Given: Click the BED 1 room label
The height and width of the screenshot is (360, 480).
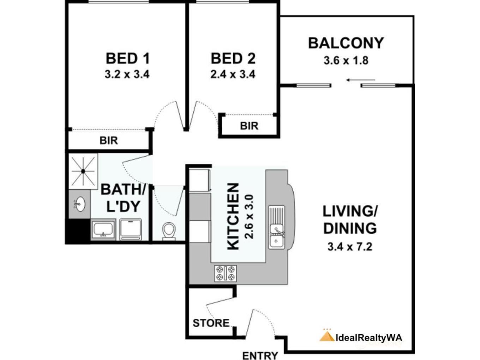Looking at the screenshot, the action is click(128, 58).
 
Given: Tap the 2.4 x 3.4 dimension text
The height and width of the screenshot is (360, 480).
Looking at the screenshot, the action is click(233, 74).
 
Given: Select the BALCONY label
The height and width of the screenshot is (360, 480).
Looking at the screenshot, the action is click(346, 43).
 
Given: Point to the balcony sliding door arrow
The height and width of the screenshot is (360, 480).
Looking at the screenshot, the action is click(361, 80).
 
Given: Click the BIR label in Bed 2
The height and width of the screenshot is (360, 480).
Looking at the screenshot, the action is click(249, 126).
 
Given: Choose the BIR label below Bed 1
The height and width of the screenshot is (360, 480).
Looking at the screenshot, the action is click(109, 140).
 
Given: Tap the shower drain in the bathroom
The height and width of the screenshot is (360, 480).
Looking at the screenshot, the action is click(83, 172).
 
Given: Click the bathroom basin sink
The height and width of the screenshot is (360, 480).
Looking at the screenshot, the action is click(80, 204).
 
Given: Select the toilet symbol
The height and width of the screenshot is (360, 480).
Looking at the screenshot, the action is click(169, 232).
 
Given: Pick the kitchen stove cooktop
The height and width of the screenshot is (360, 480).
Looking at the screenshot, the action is click(225, 273).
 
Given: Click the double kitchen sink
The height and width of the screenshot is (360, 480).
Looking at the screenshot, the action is click(276, 227).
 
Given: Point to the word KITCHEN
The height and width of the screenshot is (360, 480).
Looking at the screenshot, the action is click(233, 216).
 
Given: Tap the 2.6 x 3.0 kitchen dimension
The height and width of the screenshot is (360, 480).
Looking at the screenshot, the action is click(249, 217).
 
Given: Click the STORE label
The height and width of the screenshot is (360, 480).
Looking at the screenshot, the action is click(211, 323).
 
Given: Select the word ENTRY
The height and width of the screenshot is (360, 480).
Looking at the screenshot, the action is click(260, 356).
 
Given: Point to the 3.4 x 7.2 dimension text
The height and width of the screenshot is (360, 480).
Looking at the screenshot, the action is click(350, 247).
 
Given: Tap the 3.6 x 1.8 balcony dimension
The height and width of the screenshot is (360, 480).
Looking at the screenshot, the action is click(346, 61).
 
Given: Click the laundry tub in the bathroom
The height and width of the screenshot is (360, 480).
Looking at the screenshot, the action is click(103, 229).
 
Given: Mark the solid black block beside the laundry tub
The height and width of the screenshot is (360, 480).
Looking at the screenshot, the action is click(78, 231).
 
